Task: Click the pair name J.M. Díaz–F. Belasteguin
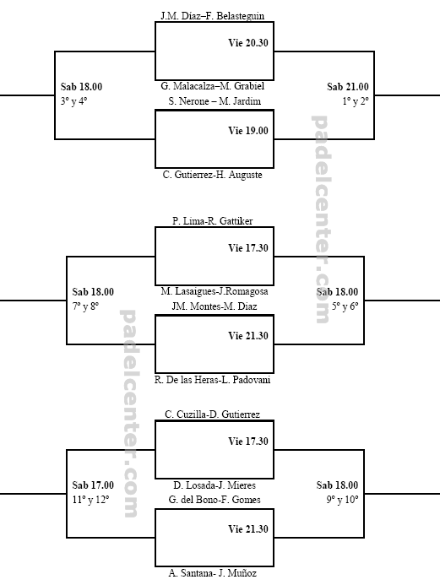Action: point(212,16)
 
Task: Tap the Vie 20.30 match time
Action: point(248,43)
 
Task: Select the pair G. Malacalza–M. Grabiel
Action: point(212,86)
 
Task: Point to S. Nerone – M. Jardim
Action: point(215,101)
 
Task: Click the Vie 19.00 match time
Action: point(248,131)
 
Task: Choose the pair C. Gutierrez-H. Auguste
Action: point(212,175)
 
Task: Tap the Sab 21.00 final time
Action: point(348,87)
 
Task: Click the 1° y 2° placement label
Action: point(356,101)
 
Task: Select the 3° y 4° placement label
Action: point(73,101)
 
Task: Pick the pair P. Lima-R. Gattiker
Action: point(212,221)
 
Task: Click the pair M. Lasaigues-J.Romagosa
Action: point(215,291)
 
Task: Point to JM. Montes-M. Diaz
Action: point(215,306)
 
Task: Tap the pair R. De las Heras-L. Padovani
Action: point(212,380)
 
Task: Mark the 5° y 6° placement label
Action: point(345,306)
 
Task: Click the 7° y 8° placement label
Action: point(85,306)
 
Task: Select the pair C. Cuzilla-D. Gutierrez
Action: point(212,414)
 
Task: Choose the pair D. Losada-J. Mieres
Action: point(215,485)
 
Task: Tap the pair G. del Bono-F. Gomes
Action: point(215,500)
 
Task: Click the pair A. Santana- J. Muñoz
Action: point(212,572)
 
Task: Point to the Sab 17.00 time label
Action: point(93,485)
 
